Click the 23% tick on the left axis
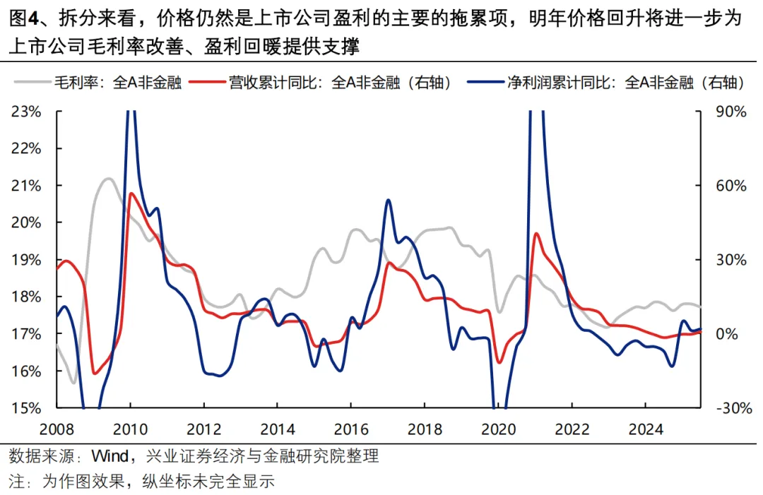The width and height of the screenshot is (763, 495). coord(28,112)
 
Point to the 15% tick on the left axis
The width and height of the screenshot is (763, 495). coord(28,408)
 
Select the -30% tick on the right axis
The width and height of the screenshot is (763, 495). coord(727,408)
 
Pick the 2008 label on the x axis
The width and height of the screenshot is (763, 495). coord(57,429)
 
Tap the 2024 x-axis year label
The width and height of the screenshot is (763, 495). coord(645,429)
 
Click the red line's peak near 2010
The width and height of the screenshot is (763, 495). coord(131,193)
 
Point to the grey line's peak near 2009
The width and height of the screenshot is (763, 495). coord(108,179)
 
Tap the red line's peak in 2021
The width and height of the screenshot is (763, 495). coord(536,233)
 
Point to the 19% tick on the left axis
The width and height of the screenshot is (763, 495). coord(28,260)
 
